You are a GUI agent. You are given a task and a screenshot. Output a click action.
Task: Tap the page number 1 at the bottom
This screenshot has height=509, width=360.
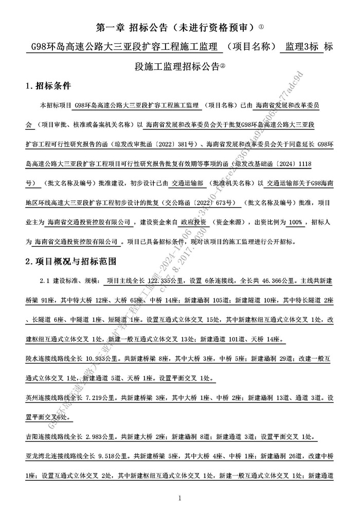point(179,498)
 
